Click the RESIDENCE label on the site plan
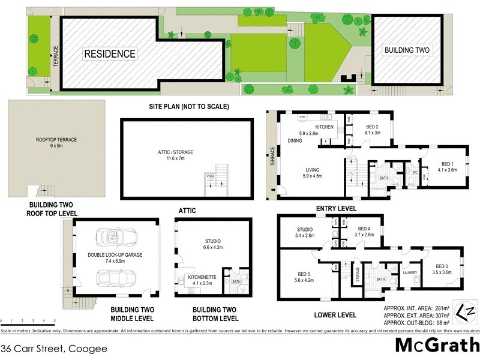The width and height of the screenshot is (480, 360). tap(109, 54)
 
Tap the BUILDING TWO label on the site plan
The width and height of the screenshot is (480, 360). tap(407, 51)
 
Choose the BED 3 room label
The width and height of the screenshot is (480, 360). tap(442, 269)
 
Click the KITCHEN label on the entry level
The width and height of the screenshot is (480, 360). tap(324, 127)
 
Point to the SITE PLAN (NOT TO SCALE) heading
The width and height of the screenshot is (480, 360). tap(190, 107)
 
